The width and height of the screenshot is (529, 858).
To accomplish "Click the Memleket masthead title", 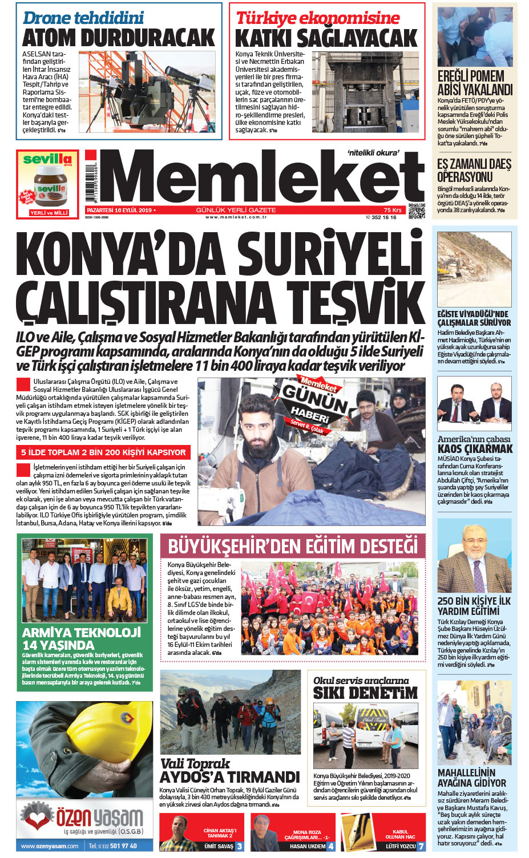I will pyautogui.click(x=263, y=177).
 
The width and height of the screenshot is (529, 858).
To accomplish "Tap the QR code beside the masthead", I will pyautogui.click(x=417, y=211).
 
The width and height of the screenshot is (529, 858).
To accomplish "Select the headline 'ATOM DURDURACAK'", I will pyautogui.click(x=119, y=38).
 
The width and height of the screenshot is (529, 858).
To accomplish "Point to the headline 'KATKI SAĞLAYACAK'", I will pyautogui.click(x=326, y=39).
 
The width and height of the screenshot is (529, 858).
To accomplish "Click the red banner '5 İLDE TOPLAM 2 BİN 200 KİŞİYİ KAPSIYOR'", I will pyautogui.click(x=103, y=452).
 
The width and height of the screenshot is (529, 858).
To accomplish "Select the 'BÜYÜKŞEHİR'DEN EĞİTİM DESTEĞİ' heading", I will pyautogui.click(x=293, y=547).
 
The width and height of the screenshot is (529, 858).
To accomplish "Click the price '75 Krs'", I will pyautogui.click(x=392, y=210).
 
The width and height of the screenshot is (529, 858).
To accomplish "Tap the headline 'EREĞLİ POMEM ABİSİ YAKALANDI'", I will pyautogui.click(x=475, y=83).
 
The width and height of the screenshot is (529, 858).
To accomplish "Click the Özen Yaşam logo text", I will pyautogui.click(x=100, y=817).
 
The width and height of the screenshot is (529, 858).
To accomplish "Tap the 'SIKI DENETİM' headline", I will pyautogui.click(x=365, y=693).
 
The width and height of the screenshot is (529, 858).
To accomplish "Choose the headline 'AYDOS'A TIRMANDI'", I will pyautogui.click(x=229, y=777).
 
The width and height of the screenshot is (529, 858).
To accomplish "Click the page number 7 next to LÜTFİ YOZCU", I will pyautogui.click(x=421, y=846).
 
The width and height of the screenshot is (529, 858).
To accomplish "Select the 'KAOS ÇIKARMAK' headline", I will pyautogui.click(x=475, y=448).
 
